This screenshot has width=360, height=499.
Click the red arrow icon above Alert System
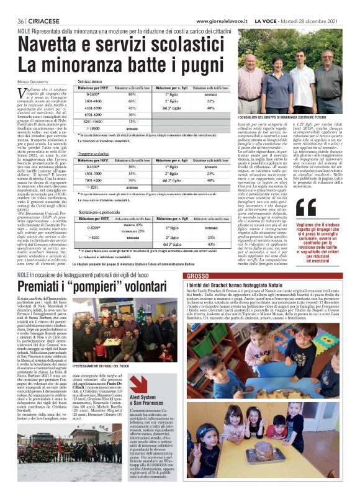[x=138, y=383]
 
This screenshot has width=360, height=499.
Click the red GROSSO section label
[x=197, y=275]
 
